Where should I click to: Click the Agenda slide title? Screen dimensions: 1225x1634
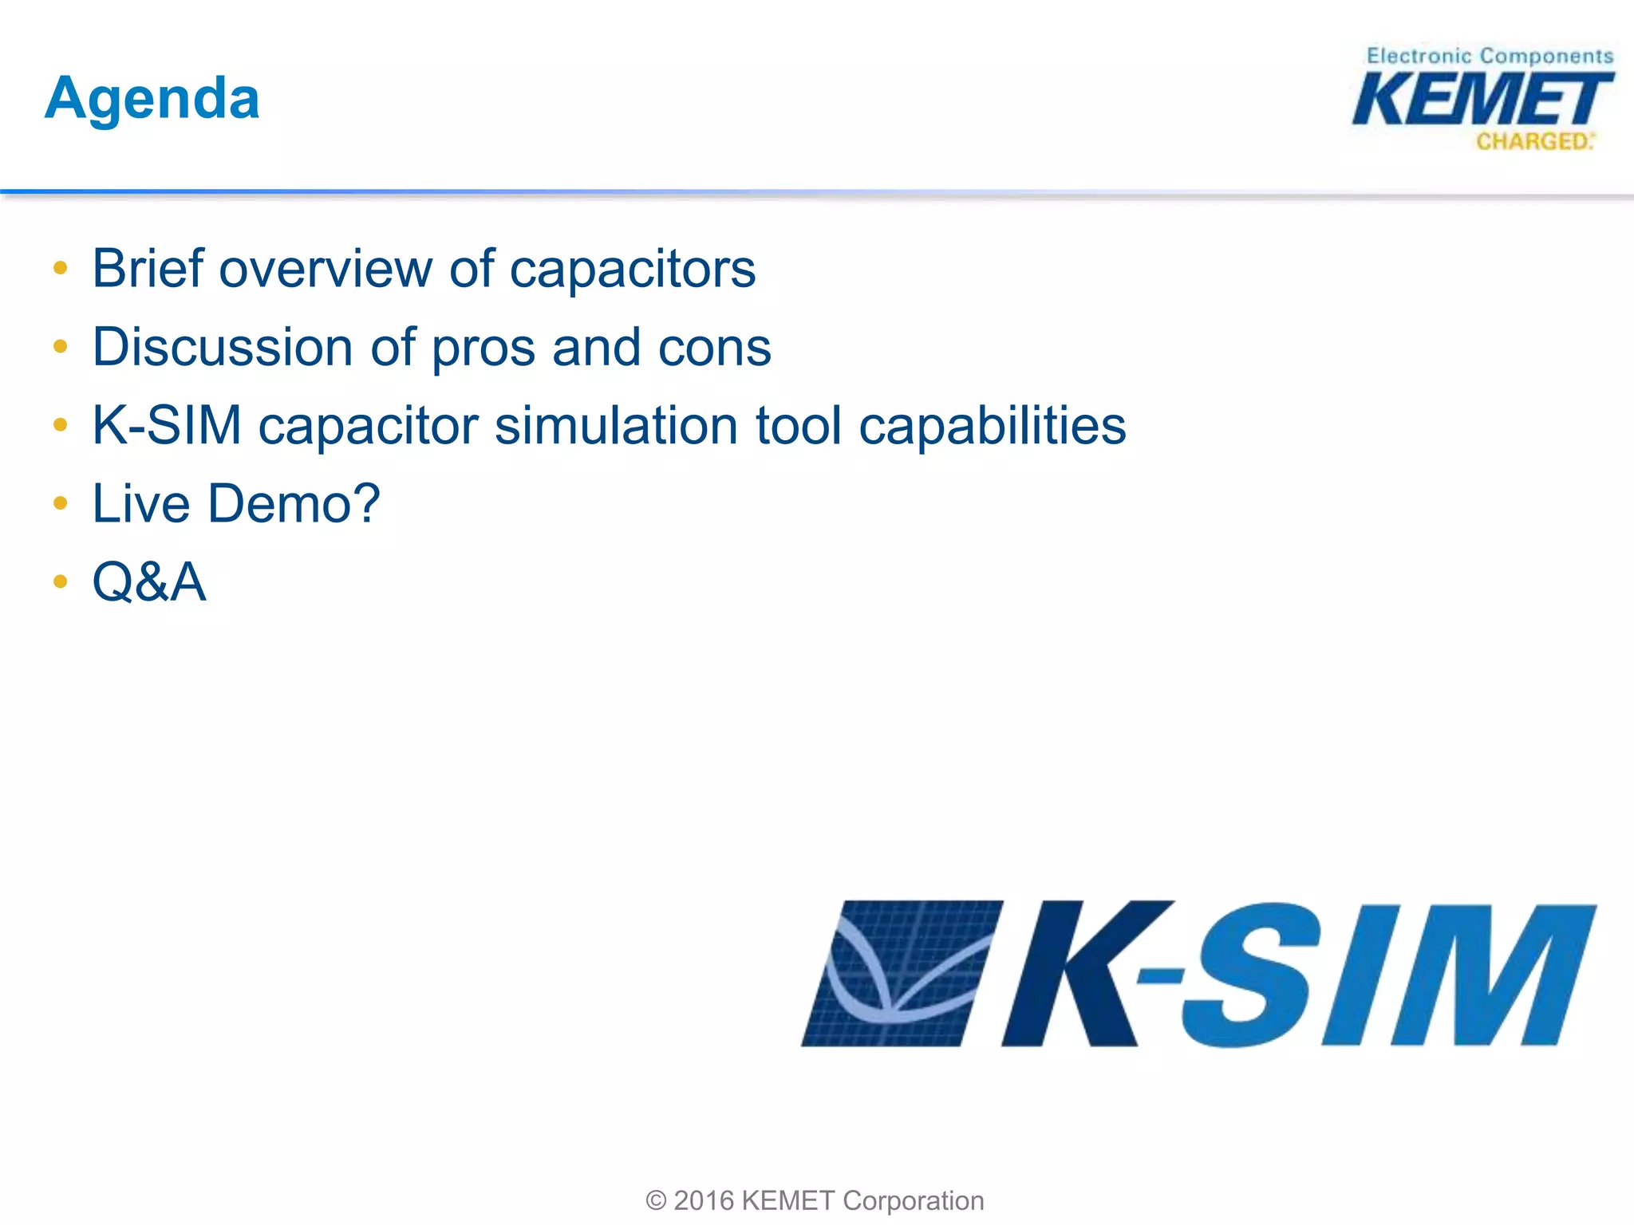[x=152, y=99]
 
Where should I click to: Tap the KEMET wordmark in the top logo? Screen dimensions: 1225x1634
[x=1482, y=100]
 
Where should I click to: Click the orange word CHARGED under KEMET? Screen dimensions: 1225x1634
[x=1532, y=142]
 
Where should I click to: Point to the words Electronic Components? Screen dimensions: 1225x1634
[x=1490, y=56]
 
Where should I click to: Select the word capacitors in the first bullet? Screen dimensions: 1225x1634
[x=632, y=270]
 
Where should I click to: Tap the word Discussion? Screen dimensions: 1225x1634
[x=222, y=348]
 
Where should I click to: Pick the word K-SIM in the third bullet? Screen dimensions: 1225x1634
[x=166, y=425]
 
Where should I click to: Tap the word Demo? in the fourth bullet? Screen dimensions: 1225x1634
[x=294, y=504]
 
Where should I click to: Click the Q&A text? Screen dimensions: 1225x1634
[x=149, y=581]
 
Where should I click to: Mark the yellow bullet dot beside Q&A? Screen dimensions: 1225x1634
[x=61, y=581]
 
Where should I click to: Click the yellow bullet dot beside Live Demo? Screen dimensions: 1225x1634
[x=61, y=503]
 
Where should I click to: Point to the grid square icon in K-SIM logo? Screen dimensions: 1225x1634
[x=902, y=973]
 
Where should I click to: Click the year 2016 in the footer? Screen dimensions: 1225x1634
[x=704, y=1200]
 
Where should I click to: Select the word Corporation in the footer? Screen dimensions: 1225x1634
[x=913, y=1200]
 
